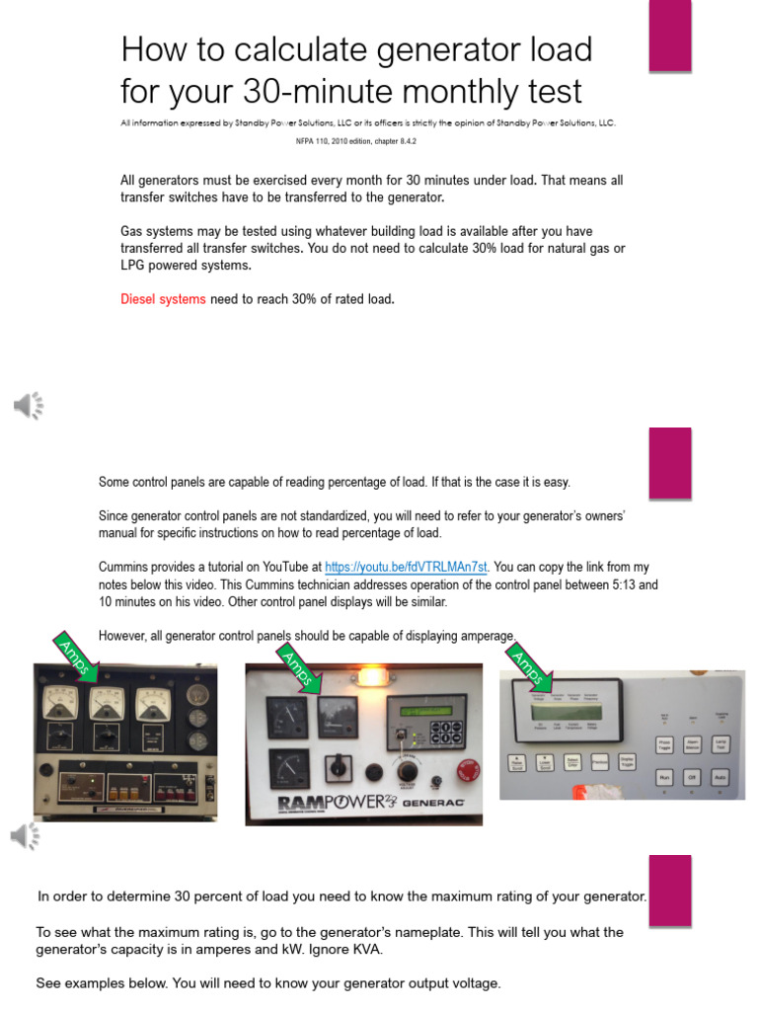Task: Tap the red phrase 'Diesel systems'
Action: [x=163, y=299]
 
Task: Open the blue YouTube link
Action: [x=407, y=568]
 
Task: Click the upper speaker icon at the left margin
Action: [x=29, y=405]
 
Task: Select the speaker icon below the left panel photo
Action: [x=27, y=835]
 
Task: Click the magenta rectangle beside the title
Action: [x=669, y=37]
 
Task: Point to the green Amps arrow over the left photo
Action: [x=78, y=658]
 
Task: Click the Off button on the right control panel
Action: [x=693, y=777]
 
